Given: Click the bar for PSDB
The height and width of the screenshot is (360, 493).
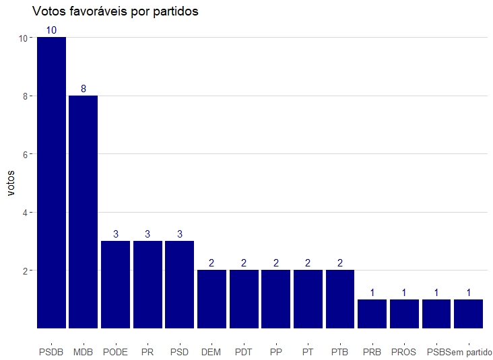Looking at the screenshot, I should (x=51, y=182).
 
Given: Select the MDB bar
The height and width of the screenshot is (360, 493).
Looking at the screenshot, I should (x=84, y=212).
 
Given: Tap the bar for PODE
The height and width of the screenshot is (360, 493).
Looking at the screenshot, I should (x=115, y=284).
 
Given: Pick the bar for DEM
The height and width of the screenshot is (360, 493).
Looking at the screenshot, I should (x=211, y=299).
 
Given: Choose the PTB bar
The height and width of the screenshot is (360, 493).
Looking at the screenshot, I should (x=340, y=299).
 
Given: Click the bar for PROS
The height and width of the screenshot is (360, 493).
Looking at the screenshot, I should (x=404, y=314).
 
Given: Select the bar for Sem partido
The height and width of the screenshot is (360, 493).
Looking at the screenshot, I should (x=468, y=314).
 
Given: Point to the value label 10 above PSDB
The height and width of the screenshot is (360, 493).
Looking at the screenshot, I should (x=51, y=30).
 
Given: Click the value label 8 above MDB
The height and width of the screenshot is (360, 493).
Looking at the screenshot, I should (x=84, y=89).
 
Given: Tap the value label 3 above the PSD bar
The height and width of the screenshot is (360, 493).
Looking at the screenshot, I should (x=180, y=234).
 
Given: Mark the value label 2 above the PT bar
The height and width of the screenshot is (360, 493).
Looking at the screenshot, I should (x=308, y=263).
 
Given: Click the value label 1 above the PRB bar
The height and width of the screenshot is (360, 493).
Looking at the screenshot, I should (x=372, y=292).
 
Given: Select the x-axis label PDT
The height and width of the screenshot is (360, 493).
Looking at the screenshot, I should (x=244, y=352).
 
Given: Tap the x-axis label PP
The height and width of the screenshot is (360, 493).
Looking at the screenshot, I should (x=275, y=352).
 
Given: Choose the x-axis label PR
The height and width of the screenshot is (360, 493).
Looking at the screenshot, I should (x=147, y=352).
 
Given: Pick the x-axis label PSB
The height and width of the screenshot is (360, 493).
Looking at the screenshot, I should (x=436, y=352).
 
